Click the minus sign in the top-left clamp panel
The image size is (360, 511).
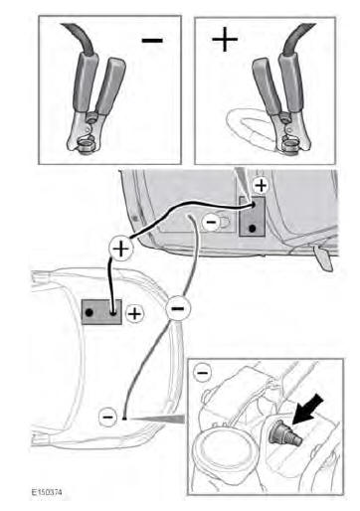(152, 41)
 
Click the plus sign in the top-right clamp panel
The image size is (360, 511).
(225, 39)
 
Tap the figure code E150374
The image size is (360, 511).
(47, 492)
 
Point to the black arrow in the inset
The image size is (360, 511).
(307, 409)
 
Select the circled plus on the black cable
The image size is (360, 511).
(121, 249)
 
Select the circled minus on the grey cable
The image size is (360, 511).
(178, 308)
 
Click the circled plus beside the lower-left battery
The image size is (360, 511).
(134, 313)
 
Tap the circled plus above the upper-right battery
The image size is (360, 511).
(261, 185)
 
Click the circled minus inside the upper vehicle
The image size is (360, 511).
(211, 222)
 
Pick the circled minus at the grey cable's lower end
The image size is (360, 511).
(108, 417)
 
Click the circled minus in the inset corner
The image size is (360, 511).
(202, 373)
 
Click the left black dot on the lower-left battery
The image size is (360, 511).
(89, 312)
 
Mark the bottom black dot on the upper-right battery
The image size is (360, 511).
(253, 229)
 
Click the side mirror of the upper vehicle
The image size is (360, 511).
(322, 258)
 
